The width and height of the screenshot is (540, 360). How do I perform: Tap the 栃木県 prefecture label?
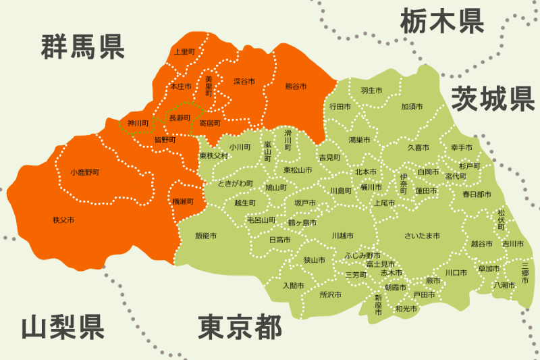(x=442, y=20)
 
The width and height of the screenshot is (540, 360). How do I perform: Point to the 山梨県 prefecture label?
(x=63, y=327)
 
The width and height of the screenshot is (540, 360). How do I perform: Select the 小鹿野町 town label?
(x=84, y=173)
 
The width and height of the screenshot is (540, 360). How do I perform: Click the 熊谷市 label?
(x=296, y=87)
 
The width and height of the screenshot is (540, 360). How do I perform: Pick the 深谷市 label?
(x=244, y=81)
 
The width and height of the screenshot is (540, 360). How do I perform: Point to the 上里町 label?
(x=184, y=51)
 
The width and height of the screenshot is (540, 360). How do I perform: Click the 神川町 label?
(x=138, y=124)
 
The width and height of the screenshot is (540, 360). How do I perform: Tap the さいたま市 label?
(x=422, y=236)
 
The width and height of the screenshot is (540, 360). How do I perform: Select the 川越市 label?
(x=343, y=236)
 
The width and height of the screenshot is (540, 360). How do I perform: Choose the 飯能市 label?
(x=205, y=236)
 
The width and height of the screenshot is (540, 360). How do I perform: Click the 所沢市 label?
(x=331, y=294)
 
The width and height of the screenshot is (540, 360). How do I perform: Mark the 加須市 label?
(x=412, y=107)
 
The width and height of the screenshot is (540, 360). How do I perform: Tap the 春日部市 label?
(x=477, y=194)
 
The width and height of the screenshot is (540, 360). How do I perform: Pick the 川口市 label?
(x=456, y=273)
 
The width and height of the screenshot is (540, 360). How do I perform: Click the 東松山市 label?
(x=297, y=170)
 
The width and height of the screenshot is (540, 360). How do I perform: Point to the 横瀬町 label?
(x=183, y=201)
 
